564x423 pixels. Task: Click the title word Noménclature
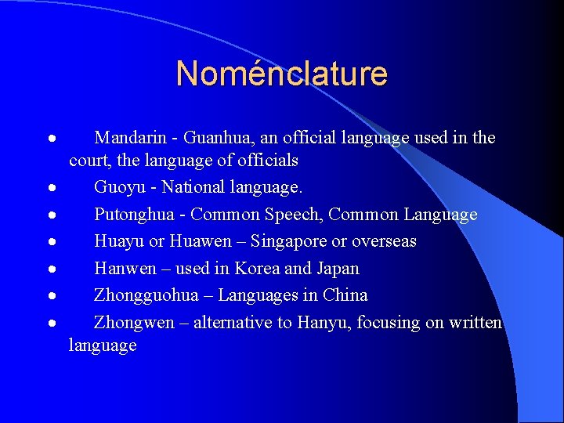pyautogui.click(x=282, y=74)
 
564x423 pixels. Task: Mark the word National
pyautogui.click(x=195, y=188)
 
